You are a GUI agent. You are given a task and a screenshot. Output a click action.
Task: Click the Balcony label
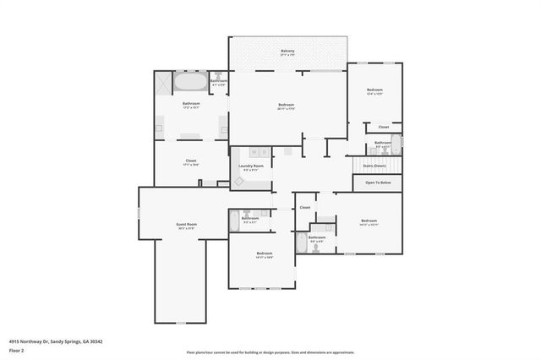287,52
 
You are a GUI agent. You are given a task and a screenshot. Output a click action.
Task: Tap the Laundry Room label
252,166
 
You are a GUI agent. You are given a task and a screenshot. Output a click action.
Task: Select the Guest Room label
186,226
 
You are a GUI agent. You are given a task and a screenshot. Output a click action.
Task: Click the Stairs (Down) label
374,166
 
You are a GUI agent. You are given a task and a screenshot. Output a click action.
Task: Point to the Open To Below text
378,183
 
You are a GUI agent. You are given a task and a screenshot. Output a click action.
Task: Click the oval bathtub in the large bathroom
189,83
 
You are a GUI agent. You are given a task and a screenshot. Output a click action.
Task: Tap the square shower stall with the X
161,82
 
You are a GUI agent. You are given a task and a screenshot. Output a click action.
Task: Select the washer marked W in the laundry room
255,152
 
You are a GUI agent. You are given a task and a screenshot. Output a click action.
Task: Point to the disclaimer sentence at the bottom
270,352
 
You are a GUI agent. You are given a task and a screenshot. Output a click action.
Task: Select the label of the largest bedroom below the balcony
286,105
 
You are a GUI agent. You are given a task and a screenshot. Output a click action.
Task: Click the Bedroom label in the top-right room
374,90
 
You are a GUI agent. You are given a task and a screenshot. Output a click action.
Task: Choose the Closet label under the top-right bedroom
383,127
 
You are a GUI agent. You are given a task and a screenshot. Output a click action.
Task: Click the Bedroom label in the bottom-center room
265,254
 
